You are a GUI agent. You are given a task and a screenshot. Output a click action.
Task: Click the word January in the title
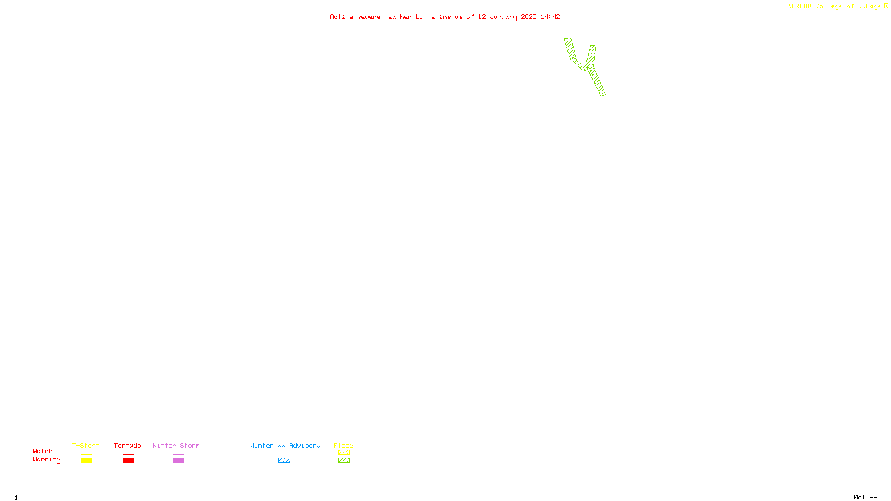503,17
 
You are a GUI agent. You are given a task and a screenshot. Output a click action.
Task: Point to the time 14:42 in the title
550,17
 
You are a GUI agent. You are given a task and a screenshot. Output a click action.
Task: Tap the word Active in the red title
341,17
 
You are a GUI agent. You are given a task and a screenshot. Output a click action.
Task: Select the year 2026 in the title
529,17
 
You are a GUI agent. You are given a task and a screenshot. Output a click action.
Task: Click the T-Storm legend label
86,445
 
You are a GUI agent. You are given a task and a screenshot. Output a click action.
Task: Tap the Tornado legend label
128,445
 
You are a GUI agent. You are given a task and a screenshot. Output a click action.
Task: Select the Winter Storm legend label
176,445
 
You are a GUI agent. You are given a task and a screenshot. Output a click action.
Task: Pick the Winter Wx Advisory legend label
285,445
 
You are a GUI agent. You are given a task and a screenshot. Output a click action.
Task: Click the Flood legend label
344,445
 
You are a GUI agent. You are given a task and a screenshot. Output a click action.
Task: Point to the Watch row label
43,451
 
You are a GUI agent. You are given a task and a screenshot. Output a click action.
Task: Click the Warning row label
47,460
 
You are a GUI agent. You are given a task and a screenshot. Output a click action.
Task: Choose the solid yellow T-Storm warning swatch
86,460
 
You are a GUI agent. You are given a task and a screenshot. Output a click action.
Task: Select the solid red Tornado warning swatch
128,460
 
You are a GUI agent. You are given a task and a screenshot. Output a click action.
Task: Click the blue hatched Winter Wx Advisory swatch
284,460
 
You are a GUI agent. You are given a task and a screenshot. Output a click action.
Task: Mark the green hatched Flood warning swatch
344,460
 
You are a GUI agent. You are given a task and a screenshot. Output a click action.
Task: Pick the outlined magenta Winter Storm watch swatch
178,453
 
